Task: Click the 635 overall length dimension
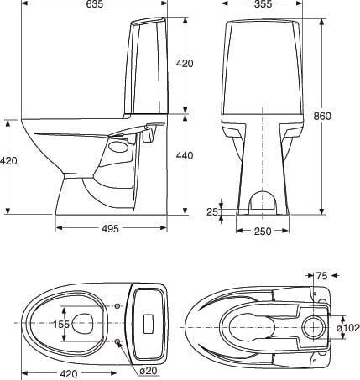(95, 4)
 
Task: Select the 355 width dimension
(263, 4)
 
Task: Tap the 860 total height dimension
(322, 116)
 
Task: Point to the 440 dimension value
(185, 155)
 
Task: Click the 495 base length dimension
(110, 229)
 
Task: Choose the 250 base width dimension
(263, 232)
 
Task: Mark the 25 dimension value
(212, 212)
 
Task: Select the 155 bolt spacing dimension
(61, 324)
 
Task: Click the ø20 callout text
(149, 371)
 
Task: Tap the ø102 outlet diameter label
(347, 327)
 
